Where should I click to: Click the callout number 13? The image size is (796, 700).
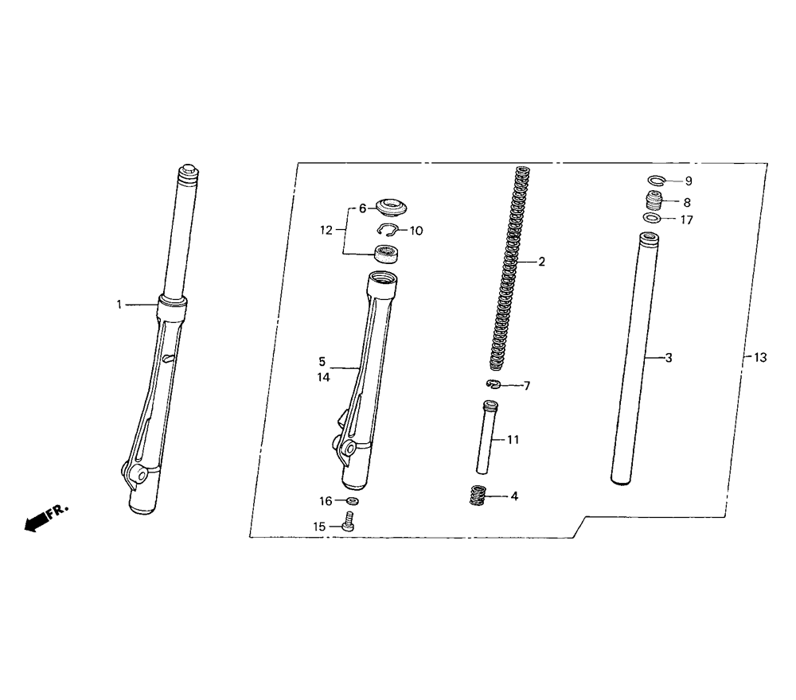[x=760, y=358]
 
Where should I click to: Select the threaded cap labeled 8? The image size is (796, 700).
[x=654, y=201]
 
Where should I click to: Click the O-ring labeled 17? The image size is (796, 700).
[x=651, y=219]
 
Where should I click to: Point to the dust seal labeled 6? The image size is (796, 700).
[x=392, y=208]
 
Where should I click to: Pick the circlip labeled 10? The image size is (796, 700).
[x=388, y=231]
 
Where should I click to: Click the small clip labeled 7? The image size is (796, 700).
[x=494, y=384]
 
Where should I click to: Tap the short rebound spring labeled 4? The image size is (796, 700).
[x=478, y=495]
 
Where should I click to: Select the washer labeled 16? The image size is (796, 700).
[x=352, y=501]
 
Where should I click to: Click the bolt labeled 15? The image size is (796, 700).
[x=349, y=521]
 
